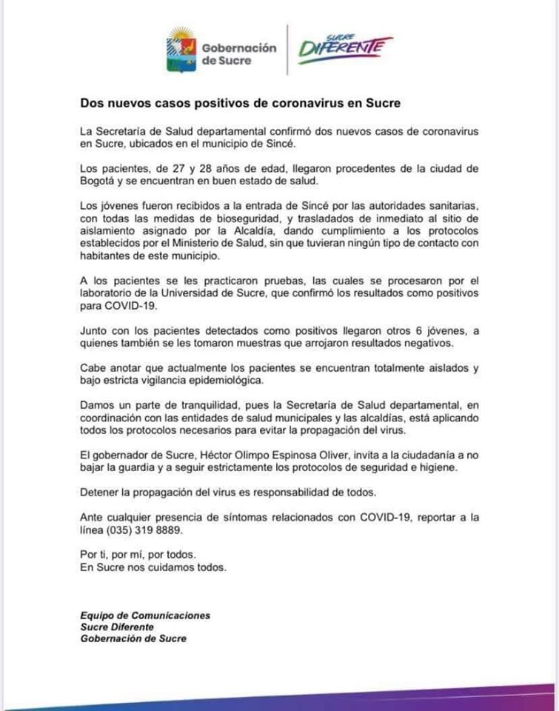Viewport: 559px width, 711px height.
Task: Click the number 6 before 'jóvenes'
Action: click(414, 330)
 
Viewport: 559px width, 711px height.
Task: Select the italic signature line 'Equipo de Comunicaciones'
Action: click(145, 615)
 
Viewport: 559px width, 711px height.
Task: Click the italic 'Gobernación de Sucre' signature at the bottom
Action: click(134, 638)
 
